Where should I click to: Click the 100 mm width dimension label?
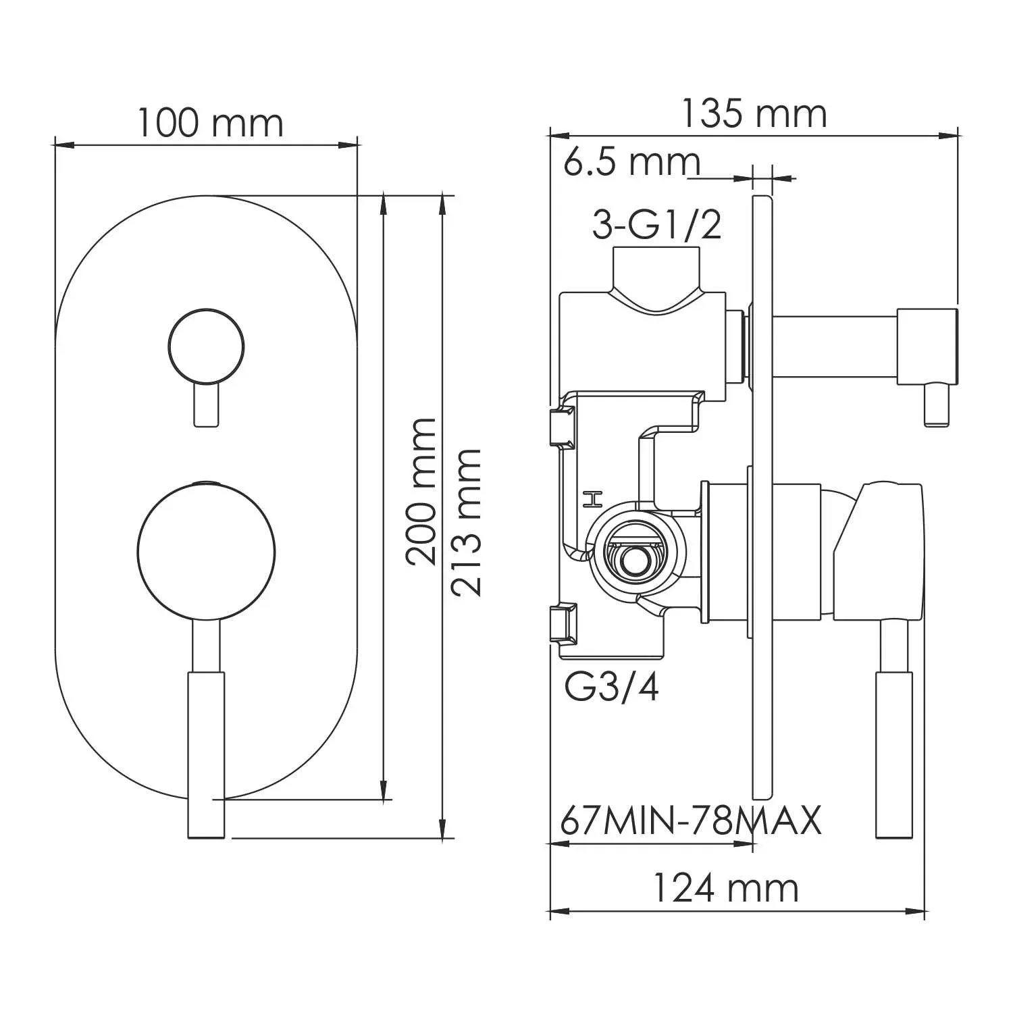211,123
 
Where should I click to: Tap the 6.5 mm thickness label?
631,162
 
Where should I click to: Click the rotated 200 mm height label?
421,492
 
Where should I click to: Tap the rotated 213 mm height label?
467,521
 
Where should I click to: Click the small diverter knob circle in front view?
205,346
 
